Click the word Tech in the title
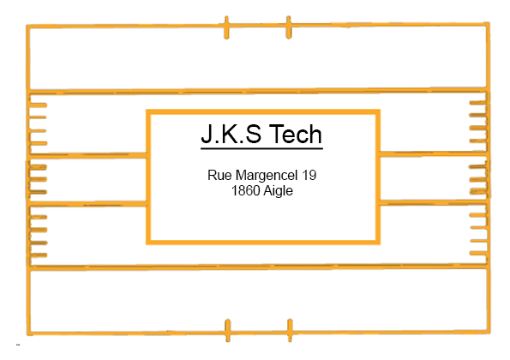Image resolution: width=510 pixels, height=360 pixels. (x=295, y=134)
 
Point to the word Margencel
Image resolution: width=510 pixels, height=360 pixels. (x=267, y=176)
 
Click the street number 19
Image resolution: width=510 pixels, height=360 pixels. (x=309, y=175)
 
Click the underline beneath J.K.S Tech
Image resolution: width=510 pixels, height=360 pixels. (x=261, y=148)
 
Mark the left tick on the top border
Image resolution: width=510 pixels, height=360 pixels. (x=226, y=27)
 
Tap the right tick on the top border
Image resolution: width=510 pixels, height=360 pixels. (x=289, y=27)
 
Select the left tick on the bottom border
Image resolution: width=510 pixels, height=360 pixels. (x=228, y=330)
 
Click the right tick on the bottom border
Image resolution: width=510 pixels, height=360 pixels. (x=290, y=330)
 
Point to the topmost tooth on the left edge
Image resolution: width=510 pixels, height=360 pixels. (x=38, y=105)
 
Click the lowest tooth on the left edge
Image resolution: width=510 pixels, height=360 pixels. (x=39, y=255)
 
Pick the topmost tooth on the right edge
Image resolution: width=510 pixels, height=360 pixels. (x=477, y=103)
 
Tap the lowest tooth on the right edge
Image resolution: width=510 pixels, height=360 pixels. (x=478, y=253)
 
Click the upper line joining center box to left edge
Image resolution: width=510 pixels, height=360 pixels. (x=87, y=155)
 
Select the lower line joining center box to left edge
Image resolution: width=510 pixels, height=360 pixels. (x=87, y=204)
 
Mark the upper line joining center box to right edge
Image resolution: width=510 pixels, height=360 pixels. (x=433, y=153)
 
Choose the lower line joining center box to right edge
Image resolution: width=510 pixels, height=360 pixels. (x=433, y=202)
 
